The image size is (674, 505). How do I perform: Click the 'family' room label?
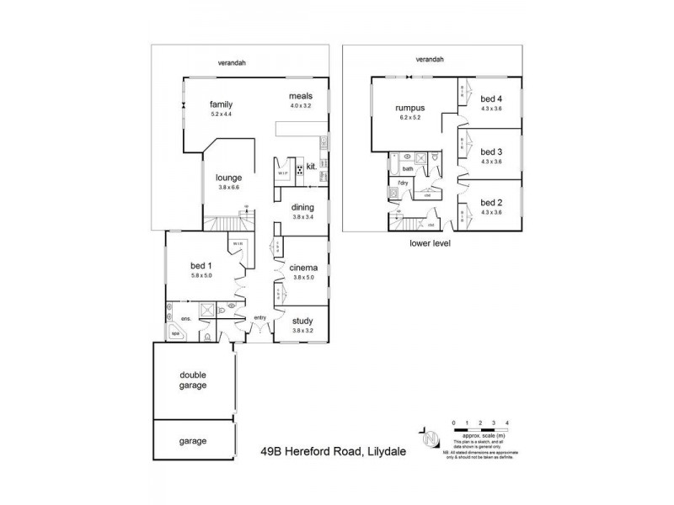(221, 104)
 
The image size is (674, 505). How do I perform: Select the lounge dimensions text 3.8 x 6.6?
(229, 187)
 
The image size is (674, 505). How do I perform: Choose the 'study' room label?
(302, 320)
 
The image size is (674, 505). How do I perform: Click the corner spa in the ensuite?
(176, 334)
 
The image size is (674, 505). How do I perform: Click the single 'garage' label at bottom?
(193, 440)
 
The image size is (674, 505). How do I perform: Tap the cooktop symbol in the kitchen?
(299, 167)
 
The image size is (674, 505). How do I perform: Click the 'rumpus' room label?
(410, 109)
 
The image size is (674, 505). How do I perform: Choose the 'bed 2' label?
(490, 202)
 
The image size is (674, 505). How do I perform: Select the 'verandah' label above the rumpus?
(430, 59)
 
